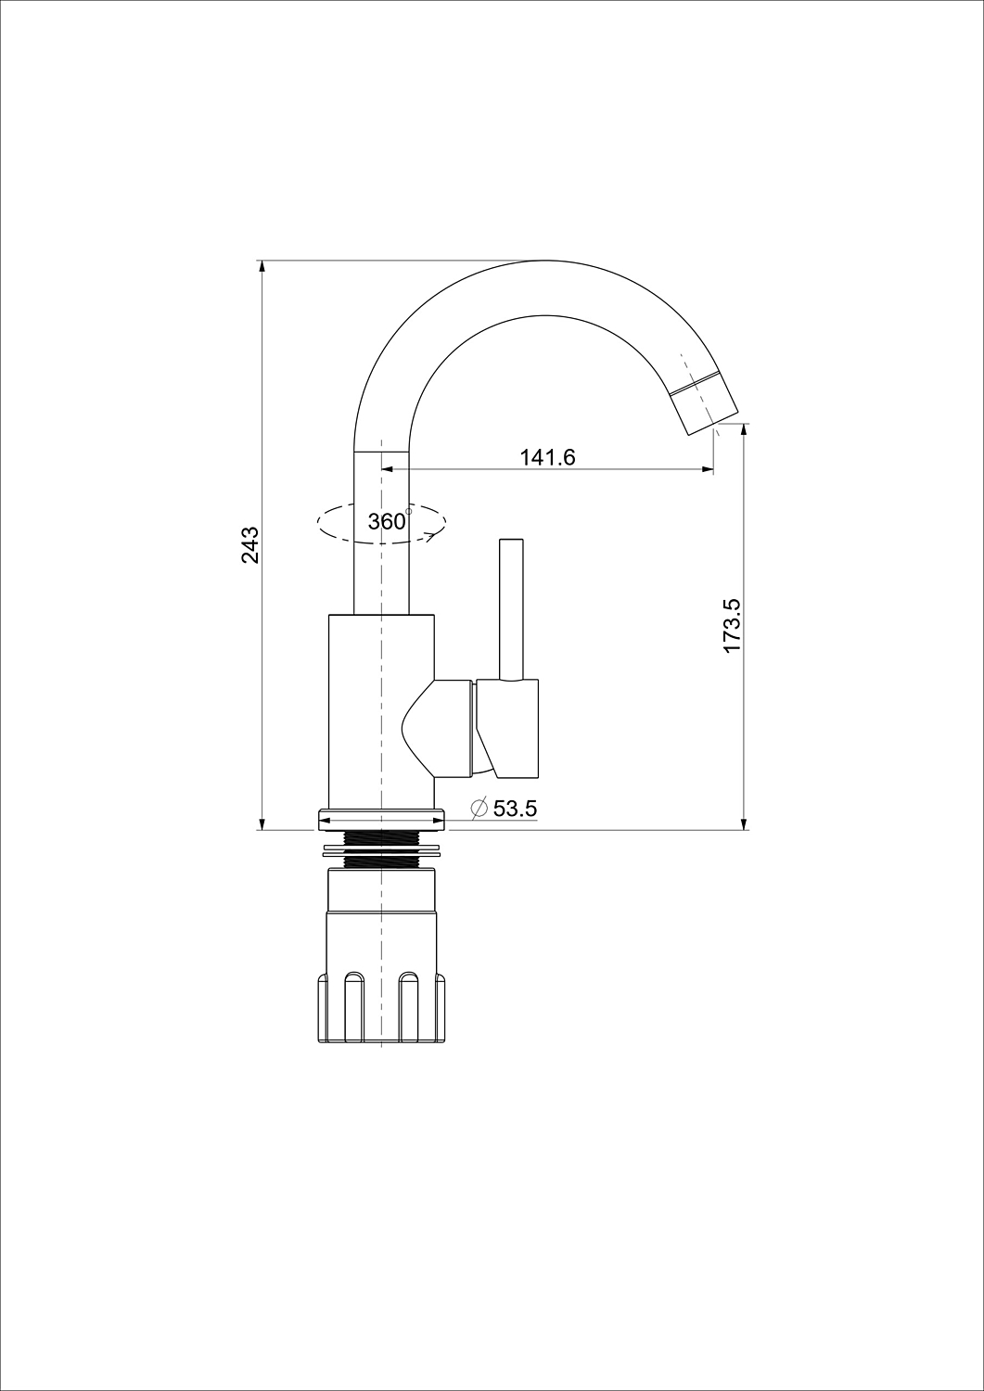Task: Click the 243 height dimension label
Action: pos(250,544)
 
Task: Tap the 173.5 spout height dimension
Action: pos(733,625)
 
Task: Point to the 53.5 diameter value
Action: pos(515,809)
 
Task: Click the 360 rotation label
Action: pos(387,521)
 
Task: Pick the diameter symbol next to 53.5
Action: pos(479,810)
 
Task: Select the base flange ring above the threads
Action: pos(381,819)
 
